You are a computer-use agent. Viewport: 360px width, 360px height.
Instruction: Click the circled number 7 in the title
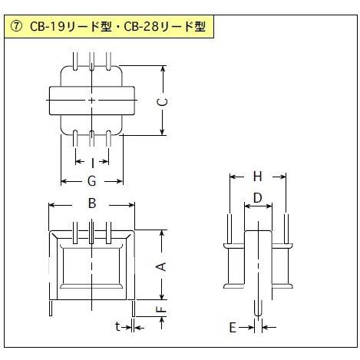[x=16, y=27]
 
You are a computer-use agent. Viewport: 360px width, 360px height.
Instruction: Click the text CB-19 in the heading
[x=47, y=27]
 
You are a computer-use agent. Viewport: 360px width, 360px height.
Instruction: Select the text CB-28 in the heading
[x=141, y=27]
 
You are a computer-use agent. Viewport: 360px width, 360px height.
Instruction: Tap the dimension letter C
[x=162, y=102]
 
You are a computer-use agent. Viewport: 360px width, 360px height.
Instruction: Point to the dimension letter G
[x=92, y=181]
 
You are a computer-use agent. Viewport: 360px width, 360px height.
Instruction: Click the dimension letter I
[x=92, y=163]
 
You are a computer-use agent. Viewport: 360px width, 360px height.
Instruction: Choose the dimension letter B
[x=92, y=203]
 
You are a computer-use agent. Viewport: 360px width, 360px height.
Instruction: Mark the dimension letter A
[x=162, y=266]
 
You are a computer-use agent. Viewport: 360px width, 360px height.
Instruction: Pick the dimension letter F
[x=162, y=310]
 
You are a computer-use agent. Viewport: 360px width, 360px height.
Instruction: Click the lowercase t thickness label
[x=117, y=326]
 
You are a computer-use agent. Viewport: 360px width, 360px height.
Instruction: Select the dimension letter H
[x=258, y=177]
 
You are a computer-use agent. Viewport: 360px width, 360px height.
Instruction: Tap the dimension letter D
[x=258, y=198]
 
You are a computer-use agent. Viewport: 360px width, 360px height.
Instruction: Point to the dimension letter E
[x=233, y=328]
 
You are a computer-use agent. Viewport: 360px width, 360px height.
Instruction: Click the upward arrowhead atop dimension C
[x=162, y=69]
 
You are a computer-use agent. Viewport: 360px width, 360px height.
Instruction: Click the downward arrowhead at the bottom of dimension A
[x=162, y=296]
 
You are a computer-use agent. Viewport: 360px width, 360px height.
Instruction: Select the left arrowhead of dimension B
[x=52, y=205]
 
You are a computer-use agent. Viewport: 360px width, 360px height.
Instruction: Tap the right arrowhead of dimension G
[x=119, y=181]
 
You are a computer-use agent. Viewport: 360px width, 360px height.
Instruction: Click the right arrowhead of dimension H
[x=282, y=177]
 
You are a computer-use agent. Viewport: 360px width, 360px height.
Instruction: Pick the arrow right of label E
[x=269, y=327]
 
